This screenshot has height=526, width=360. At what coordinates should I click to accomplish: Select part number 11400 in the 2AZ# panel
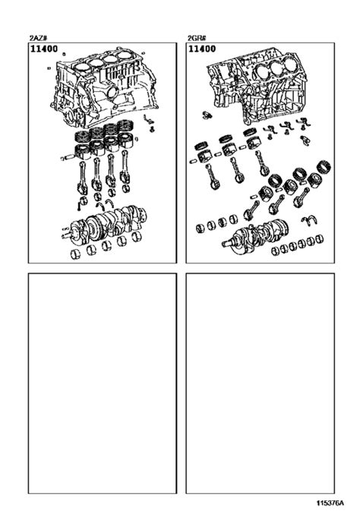43,49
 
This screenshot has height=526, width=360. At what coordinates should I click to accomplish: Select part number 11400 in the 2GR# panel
202,49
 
